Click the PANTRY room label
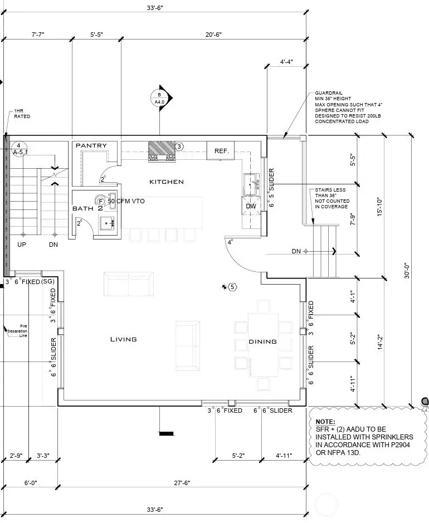click(91, 146)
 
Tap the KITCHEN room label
click(166, 182)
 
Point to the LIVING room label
click(123, 339)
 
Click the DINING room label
click(262, 341)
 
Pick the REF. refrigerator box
click(221, 151)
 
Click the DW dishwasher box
click(251, 206)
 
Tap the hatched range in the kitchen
click(161, 151)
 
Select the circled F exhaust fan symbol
click(101, 201)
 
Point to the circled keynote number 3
click(179, 146)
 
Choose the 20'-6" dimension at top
click(213, 35)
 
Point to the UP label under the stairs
click(22, 245)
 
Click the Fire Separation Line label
click(17, 330)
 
